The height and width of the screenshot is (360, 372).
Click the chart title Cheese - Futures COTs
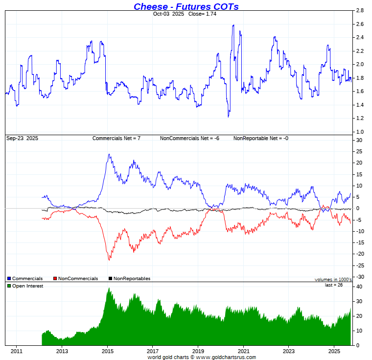pos(186,6)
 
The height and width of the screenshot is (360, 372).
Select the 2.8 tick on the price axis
pos(359,10)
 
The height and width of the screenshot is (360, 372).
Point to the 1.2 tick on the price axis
pos(359,118)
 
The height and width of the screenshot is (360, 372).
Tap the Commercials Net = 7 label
pos(116,138)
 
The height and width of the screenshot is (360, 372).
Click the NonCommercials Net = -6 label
pos(189,138)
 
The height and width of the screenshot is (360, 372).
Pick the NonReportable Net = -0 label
pos(260,138)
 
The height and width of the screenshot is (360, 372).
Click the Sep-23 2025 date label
pos(22,138)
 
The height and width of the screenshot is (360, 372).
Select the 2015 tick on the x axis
pos(107,351)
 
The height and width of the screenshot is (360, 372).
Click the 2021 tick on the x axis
pos(243,351)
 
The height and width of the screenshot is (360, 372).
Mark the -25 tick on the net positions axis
pos(360,265)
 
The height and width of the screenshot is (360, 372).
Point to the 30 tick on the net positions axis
pos(359,140)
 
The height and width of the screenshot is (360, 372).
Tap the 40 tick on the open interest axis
pos(359,287)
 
